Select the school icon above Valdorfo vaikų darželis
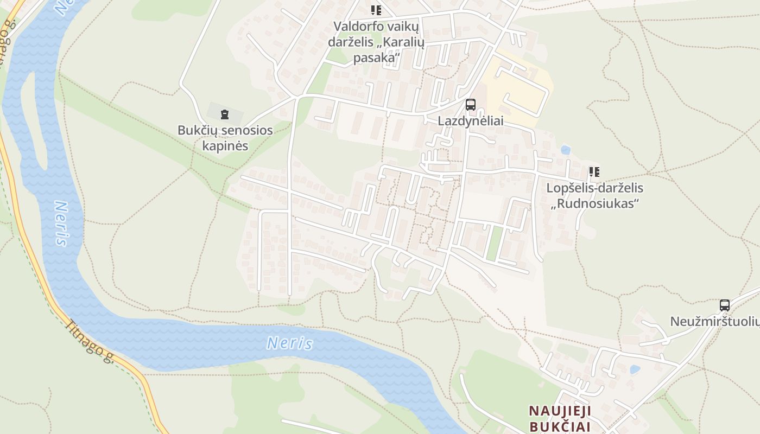(376, 10)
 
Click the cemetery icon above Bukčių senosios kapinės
(225, 114)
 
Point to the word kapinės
(225, 146)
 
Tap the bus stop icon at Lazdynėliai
(471, 105)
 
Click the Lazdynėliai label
(471, 122)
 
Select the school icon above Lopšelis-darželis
(594, 173)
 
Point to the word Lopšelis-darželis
(594, 188)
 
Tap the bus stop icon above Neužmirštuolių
(725, 305)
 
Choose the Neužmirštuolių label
(714, 321)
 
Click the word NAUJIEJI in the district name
(560, 411)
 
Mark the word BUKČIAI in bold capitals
(560, 426)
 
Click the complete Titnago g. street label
(89, 341)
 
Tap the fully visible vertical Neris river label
(61, 224)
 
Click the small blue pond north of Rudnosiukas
(566, 149)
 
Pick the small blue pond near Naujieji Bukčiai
(635, 370)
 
